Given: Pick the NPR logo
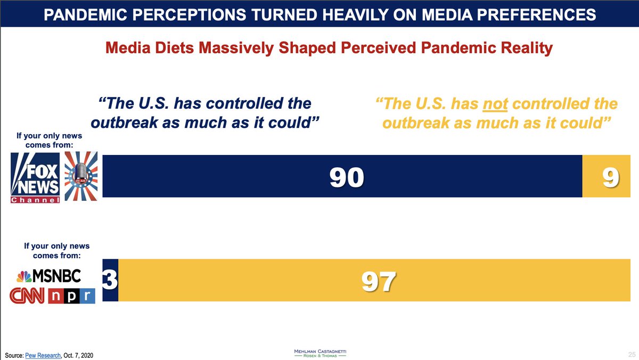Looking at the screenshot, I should tap(71, 296).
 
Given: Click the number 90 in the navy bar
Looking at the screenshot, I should tap(346, 177).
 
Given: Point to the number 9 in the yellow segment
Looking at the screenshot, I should tap(611, 177).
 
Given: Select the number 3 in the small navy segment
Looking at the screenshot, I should tap(110, 281).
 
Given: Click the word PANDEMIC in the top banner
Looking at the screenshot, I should tap(90, 14).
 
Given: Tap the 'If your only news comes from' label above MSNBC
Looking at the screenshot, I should tap(56, 251).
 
